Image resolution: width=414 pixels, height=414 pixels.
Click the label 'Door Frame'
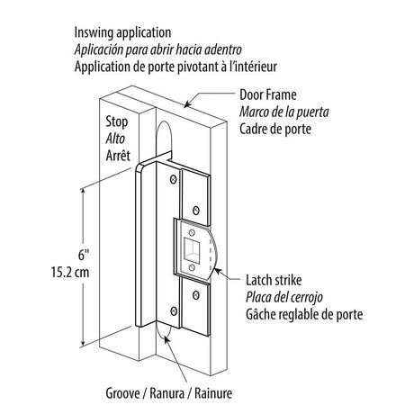point(268,95)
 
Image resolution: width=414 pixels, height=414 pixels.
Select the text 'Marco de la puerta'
point(284,112)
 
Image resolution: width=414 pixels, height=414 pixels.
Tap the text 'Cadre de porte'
point(275,130)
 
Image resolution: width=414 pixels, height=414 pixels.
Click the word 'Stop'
point(117,122)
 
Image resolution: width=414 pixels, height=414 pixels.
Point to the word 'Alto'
point(115,139)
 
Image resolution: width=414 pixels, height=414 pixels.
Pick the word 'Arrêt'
point(118,156)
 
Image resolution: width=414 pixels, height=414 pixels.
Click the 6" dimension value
point(84,255)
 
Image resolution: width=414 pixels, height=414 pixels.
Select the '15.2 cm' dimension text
point(70,273)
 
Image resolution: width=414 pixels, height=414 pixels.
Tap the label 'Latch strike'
point(274,280)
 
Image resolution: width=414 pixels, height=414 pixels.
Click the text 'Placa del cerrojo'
point(284,297)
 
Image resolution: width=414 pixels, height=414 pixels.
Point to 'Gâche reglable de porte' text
point(304,314)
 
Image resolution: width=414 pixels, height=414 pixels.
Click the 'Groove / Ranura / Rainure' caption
point(169,393)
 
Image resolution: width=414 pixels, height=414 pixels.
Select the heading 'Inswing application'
point(122,32)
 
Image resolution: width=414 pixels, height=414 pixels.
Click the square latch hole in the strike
point(192,249)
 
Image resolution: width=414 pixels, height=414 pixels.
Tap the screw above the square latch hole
point(192,232)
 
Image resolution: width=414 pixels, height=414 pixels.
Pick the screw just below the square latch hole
point(192,267)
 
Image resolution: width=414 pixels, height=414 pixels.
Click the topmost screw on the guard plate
point(173,179)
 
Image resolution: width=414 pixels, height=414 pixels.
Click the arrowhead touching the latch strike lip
point(218,272)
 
